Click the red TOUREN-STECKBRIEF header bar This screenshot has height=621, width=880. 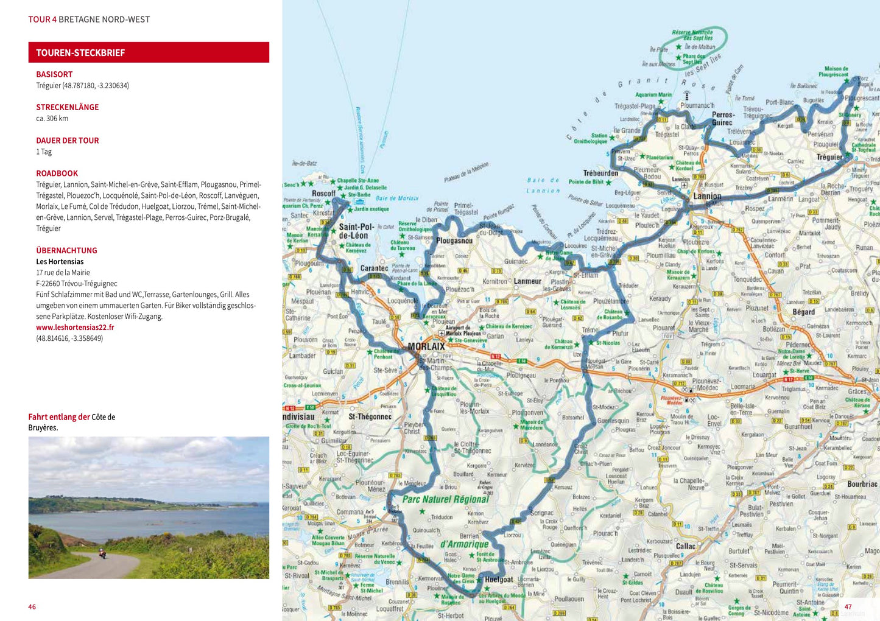coord(149,52)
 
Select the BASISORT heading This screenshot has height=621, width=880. coord(54,74)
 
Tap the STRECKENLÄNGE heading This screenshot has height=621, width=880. coord(67,107)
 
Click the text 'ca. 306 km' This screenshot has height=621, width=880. coord(52,118)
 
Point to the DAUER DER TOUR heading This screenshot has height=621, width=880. coord(67,141)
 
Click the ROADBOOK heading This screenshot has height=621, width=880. coord(57,174)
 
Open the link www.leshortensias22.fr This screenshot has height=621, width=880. coord(75,328)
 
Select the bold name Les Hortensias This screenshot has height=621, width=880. coord(60,262)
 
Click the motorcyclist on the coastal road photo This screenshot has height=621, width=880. coord(102,554)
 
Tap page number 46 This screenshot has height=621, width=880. coord(32,606)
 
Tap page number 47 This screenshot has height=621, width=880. coord(848,606)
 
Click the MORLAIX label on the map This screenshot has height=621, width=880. coord(426,346)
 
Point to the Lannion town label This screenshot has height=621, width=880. coord(707,196)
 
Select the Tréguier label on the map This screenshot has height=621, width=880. coord(829,157)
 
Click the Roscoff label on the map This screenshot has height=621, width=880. coord(324,194)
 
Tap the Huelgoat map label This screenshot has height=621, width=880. coord(499,580)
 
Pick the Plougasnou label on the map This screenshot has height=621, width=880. coord(454,240)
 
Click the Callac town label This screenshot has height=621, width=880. coord(686,546)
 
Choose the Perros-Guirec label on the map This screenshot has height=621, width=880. coord(723,118)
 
